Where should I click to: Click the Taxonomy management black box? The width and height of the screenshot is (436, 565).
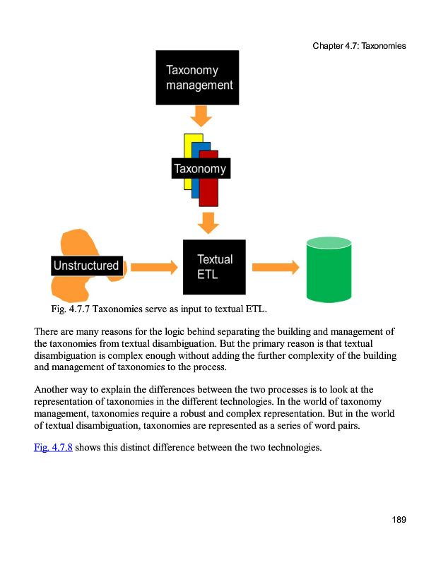(x=197, y=78)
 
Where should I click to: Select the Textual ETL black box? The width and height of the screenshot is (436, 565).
(x=214, y=267)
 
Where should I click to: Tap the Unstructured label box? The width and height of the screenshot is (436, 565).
(x=86, y=266)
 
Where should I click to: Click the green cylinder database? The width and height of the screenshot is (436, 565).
(x=328, y=269)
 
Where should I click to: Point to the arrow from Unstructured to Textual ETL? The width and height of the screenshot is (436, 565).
(x=154, y=267)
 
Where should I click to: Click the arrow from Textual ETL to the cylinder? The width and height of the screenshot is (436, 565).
(x=275, y=267)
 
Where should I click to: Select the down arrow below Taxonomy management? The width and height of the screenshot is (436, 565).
(x=201, y=115)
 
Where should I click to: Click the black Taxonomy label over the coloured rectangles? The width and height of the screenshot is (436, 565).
(x=200, y=168)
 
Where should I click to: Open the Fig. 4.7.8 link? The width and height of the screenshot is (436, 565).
(x=53, y=447)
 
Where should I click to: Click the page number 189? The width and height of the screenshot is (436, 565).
(x=399, y=521)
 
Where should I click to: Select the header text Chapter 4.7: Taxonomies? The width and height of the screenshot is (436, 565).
(x=359, y=46)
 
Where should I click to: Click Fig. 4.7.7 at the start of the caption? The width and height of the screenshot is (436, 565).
(x=70, y=309)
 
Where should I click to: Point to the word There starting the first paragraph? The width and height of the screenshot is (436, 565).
(x=47, y=331)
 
